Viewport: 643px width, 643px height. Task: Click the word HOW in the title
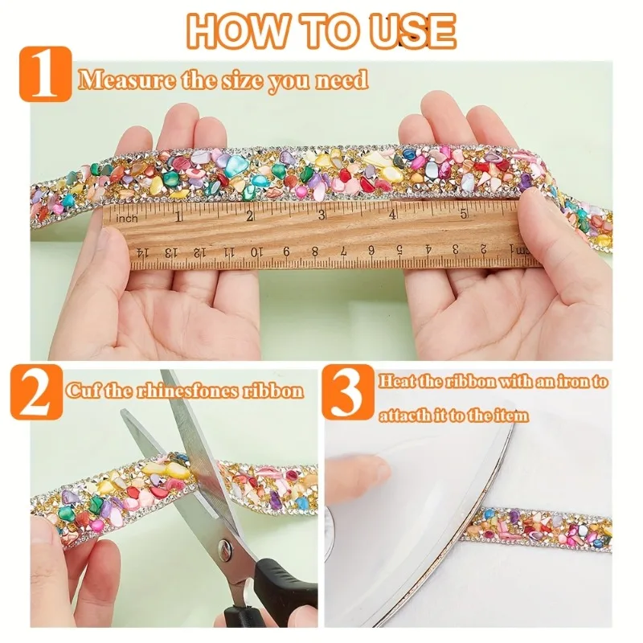pyautogui.click(x=231, y=31)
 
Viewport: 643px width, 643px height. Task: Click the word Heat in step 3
pyautogui.click(x=399, y=382)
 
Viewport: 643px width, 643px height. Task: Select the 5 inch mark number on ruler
pyautogui.click(x=464, y=213)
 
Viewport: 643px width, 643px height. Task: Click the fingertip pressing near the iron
pyautogui.click(x=358, y=469)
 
